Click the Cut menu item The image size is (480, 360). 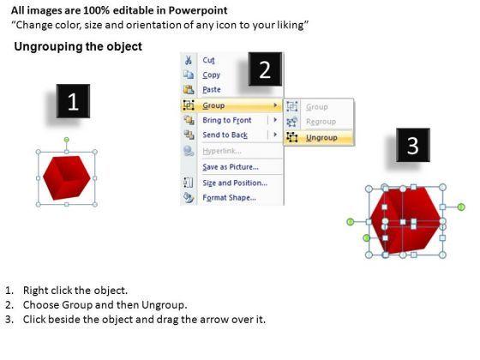(208, 60)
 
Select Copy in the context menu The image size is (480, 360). (211, 75)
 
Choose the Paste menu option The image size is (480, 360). (212, 90)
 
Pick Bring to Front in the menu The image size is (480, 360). (227, 120)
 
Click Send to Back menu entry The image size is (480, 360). (225, 135)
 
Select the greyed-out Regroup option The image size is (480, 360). (321, 122)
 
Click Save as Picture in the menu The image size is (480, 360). (231, 167)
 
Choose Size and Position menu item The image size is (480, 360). (235, 183)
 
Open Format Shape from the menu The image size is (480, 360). (229, 198)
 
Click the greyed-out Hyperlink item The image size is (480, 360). (222, 151)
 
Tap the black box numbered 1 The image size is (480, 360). (73, 101)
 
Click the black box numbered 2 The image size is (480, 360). (265, 69)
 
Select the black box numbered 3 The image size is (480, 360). (413, 145)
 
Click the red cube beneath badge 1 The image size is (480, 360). (67, 178)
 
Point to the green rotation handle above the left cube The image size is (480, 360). (67, 141)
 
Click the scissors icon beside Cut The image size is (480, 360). (189, 60)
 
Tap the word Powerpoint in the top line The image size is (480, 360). (198, 10)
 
